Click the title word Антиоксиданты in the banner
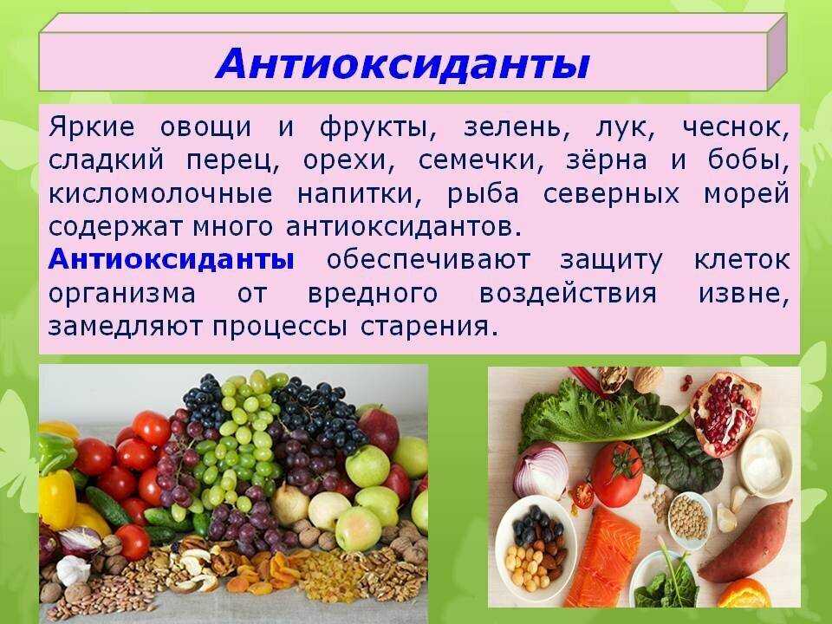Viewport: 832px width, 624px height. click(x=403, y=64)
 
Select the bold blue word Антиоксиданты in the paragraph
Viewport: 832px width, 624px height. click(x=172, y=260)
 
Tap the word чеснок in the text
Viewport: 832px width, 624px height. click(x=736, y=128)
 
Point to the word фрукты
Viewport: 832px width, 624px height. click(x=379, y=129)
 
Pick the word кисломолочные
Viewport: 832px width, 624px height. click(x=161, y=194)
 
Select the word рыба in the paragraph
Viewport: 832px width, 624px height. click(x=483, y=194)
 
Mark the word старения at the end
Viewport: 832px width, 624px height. click(x=429, y=328)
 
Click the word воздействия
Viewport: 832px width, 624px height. click(x=569, y=294)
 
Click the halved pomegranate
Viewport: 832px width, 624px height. click(x=725, y=413)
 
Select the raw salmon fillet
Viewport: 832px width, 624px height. click(x=604, y=558)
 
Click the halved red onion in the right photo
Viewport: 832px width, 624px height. click(x=541, y=470)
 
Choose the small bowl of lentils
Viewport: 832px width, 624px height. click(x=689, y=518)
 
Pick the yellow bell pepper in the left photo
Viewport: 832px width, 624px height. click(x=57, y=499)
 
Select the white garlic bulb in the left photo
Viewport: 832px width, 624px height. click(x=73, y=570)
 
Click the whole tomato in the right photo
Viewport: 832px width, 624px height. click(x=616, y=474)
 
